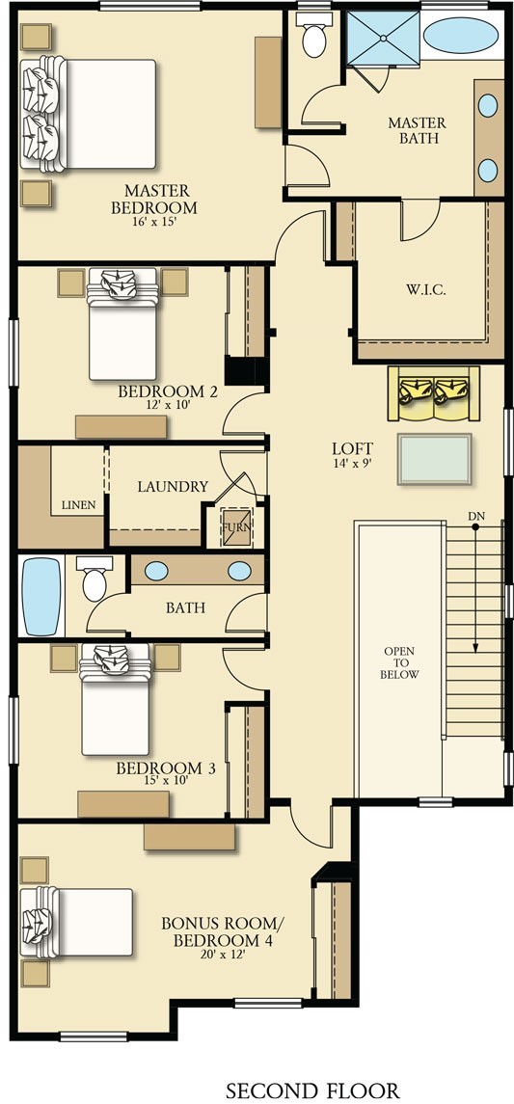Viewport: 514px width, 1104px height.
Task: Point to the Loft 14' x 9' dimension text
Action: (353, 464)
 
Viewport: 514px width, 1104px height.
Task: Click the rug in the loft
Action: (434, 459)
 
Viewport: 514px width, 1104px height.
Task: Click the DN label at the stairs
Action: (476, 517)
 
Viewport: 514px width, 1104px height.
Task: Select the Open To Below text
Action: (399, 662)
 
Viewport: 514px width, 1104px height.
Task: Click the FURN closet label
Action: (237, 528)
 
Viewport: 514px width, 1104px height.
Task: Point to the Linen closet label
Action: (78, 505)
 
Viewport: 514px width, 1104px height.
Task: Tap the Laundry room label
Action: (173, 487)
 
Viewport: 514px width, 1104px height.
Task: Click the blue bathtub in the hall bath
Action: (41, 597)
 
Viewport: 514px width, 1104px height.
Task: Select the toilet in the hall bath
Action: (95, 579)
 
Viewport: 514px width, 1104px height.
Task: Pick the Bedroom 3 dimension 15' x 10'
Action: (166, 779)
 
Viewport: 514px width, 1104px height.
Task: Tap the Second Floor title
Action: (311, 1091)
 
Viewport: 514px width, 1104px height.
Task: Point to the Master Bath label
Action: (417, 130)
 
